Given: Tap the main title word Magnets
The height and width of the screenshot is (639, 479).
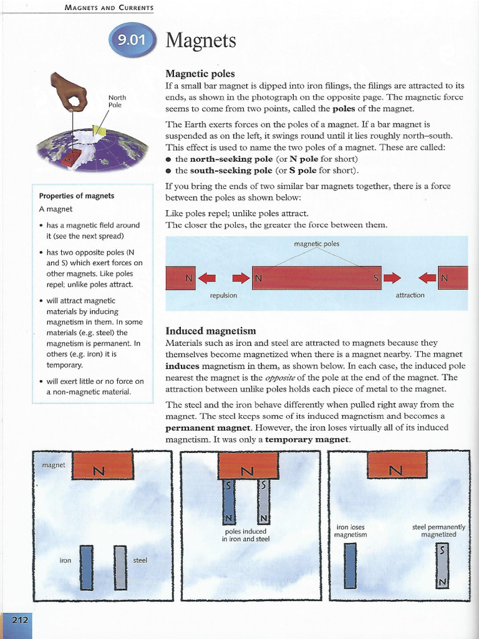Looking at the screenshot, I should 201,41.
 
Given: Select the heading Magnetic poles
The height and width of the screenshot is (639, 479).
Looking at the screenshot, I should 200,74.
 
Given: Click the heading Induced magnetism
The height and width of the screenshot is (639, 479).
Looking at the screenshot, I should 211,330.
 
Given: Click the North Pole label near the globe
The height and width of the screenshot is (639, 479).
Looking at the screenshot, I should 117,101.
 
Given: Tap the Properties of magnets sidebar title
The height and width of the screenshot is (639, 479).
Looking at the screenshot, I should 77,196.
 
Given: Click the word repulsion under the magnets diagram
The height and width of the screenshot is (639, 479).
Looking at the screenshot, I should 223,295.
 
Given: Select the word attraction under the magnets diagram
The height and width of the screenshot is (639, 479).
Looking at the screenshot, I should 410,295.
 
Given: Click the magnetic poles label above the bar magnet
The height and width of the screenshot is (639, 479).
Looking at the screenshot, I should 316,243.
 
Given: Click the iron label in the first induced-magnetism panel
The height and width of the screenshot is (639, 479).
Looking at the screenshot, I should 65,560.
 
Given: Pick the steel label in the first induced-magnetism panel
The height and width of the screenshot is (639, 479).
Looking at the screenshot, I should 140,560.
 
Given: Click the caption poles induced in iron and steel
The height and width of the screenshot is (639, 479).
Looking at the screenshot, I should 246,535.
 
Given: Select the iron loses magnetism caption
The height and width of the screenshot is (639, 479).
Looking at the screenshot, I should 351,531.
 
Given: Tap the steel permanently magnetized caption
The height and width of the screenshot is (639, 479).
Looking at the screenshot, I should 438,531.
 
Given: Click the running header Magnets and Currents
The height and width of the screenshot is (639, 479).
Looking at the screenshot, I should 109,7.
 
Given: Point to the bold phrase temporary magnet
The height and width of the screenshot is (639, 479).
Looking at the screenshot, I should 307,439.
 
